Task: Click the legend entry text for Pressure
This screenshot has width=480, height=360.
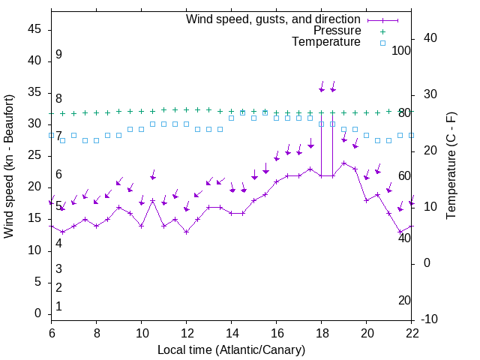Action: tap(337, 31)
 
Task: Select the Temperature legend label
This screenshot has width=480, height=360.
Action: tap(326, 42)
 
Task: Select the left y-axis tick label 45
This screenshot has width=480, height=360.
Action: tap(34, 29)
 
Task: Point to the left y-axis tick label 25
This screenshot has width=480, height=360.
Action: tap(34, 156)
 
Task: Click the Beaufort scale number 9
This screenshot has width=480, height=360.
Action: tap(58, 55)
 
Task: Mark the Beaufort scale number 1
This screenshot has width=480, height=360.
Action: tap(58, 306)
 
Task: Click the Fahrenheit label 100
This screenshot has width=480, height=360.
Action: tap(401, 51)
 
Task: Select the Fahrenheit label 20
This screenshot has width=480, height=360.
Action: tap(404, 300)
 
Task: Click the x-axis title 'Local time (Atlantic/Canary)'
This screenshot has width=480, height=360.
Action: tap(232, 349)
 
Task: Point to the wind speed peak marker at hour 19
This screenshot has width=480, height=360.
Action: tap(344, 163)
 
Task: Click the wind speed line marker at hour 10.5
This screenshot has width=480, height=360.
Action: tap(152, 200)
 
